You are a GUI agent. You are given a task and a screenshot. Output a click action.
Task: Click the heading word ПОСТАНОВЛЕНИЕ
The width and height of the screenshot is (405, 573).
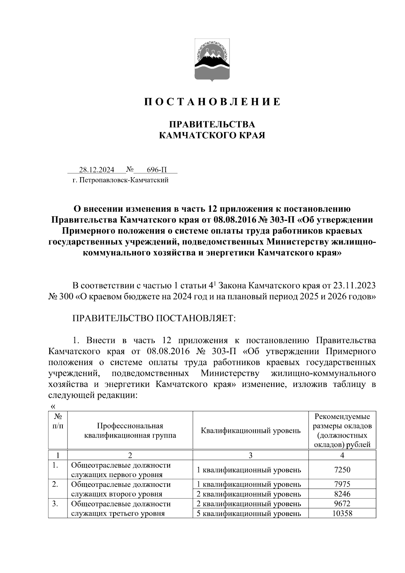pos(213,102)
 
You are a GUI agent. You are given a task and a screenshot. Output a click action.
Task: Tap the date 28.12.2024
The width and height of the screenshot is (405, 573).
pos(97,170)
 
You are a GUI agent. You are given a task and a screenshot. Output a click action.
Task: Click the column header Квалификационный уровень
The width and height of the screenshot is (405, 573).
pos(250,431)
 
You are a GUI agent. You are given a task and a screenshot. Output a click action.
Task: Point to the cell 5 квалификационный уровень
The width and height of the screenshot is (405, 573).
pos(249,514)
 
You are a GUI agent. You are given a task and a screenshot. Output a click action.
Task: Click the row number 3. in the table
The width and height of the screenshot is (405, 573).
pos(55,504)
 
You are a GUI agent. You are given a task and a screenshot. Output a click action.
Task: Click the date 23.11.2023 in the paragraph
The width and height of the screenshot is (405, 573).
pos(354,286)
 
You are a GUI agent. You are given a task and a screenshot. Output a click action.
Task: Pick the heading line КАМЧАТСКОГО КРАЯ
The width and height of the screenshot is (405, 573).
pos(212,135)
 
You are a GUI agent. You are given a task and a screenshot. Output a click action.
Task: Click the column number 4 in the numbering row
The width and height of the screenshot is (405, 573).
pos(342,455)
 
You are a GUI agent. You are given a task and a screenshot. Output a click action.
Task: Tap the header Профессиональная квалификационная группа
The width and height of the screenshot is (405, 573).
pos(130,431)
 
